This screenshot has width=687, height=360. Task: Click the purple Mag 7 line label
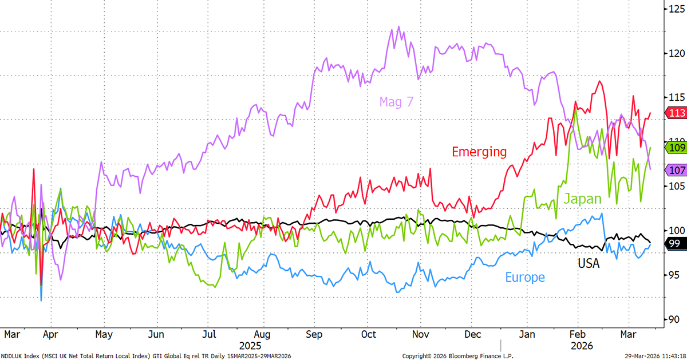click(x=396, y=102)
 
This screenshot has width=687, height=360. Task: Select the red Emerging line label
click(x=479, y=152)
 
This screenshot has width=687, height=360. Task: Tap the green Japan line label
click(x=582, y=199)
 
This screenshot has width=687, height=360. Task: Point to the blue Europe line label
click(x=524, y=278)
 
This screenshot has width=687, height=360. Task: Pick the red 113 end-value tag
click(x=676, y=113)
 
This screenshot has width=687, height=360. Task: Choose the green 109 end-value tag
click(x=676, y=148)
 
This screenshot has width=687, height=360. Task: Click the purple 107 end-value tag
click(x=676, y=170)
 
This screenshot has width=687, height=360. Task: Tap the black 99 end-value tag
click(x=674, y=244)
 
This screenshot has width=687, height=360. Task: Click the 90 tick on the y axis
click(x=673, y=319)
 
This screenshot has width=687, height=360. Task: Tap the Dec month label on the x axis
click(x=472, y=334)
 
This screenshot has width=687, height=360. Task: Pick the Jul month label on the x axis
click(x=210, y=334)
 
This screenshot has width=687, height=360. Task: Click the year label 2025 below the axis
click(x=250, y=346)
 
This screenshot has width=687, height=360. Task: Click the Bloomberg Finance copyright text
click(x=457, y=356)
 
